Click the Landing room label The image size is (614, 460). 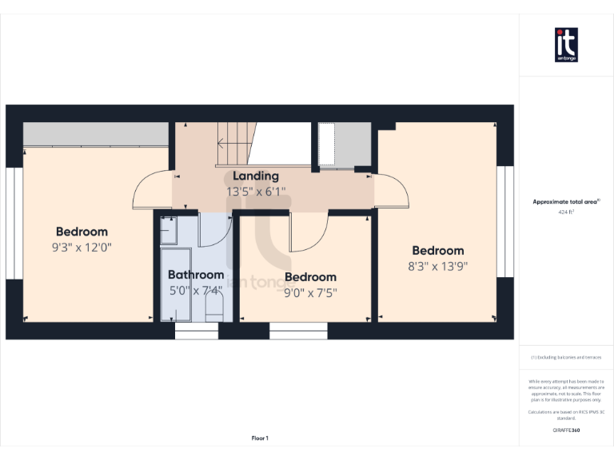pyautogui.click(x=256, y=176)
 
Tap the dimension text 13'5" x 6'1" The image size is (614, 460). pyautogui.click(x=256, y=192)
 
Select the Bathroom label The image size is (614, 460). pyautogui.click(x=196, y=275)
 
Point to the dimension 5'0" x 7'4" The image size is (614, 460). pyautogui.click(x=196, y=291)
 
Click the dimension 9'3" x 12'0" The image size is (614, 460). pyautogui.click(x=81, y=248)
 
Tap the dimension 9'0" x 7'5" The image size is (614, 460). pyautogui.click(x=310, y=292)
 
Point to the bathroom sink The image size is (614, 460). pyautogui.click(x=169, y=231)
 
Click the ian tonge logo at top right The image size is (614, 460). pyautogui.click(x=566, y=44)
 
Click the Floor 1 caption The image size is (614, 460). pyautogui.click(x=260, y=438)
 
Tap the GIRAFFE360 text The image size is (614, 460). pyautogui.click(x=566, y=430)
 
